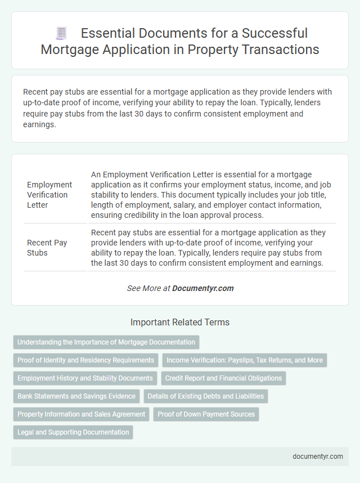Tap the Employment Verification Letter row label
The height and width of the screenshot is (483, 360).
click(49, 195)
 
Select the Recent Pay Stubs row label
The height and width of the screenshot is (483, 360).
click(47, 248)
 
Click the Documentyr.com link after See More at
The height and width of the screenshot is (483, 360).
click(202, 288)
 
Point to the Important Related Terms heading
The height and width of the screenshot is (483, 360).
click(180, 323)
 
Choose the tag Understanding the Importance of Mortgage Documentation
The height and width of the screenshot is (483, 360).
click(106, 342)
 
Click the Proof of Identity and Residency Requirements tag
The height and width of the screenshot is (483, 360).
click(85, 360)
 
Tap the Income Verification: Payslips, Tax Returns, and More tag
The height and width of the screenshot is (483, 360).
click(245, 360)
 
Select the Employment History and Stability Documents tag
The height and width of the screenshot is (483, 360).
click(85, 378)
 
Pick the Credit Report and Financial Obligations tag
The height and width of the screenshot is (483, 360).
click(224, 378)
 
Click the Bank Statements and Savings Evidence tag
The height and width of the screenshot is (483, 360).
click(76, 396)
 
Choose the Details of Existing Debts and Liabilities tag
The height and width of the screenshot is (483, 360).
click(206, 396)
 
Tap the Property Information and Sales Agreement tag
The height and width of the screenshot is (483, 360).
click(81, 414)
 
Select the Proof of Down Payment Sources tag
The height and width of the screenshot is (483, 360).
click(206, 414)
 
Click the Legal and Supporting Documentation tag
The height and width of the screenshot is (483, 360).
click(73, 432)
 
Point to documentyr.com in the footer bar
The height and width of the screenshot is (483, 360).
click(318, 457)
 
